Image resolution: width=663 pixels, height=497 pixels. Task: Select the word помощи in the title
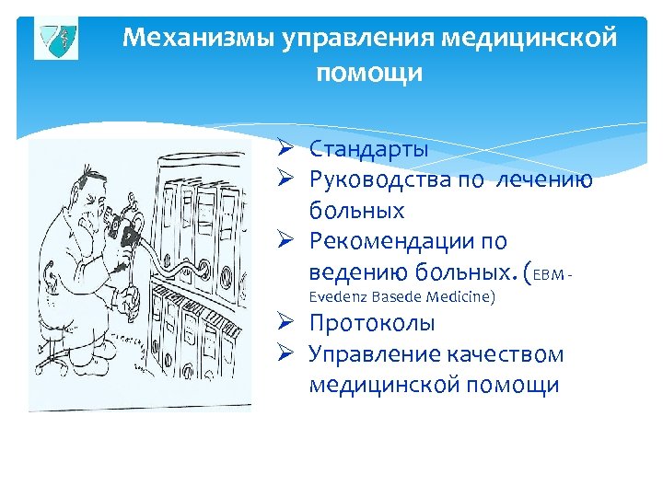(369, 73)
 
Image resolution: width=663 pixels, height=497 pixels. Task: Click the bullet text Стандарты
(368, 148)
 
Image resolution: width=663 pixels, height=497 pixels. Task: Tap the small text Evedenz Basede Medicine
(401, 296)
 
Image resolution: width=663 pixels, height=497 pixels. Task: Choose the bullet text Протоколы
(372, 323)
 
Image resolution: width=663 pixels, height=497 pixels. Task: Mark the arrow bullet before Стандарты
(286, 148)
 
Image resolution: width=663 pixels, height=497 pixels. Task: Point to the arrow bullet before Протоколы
(286, 323)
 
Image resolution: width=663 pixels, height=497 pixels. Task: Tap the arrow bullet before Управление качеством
(286, 354)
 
